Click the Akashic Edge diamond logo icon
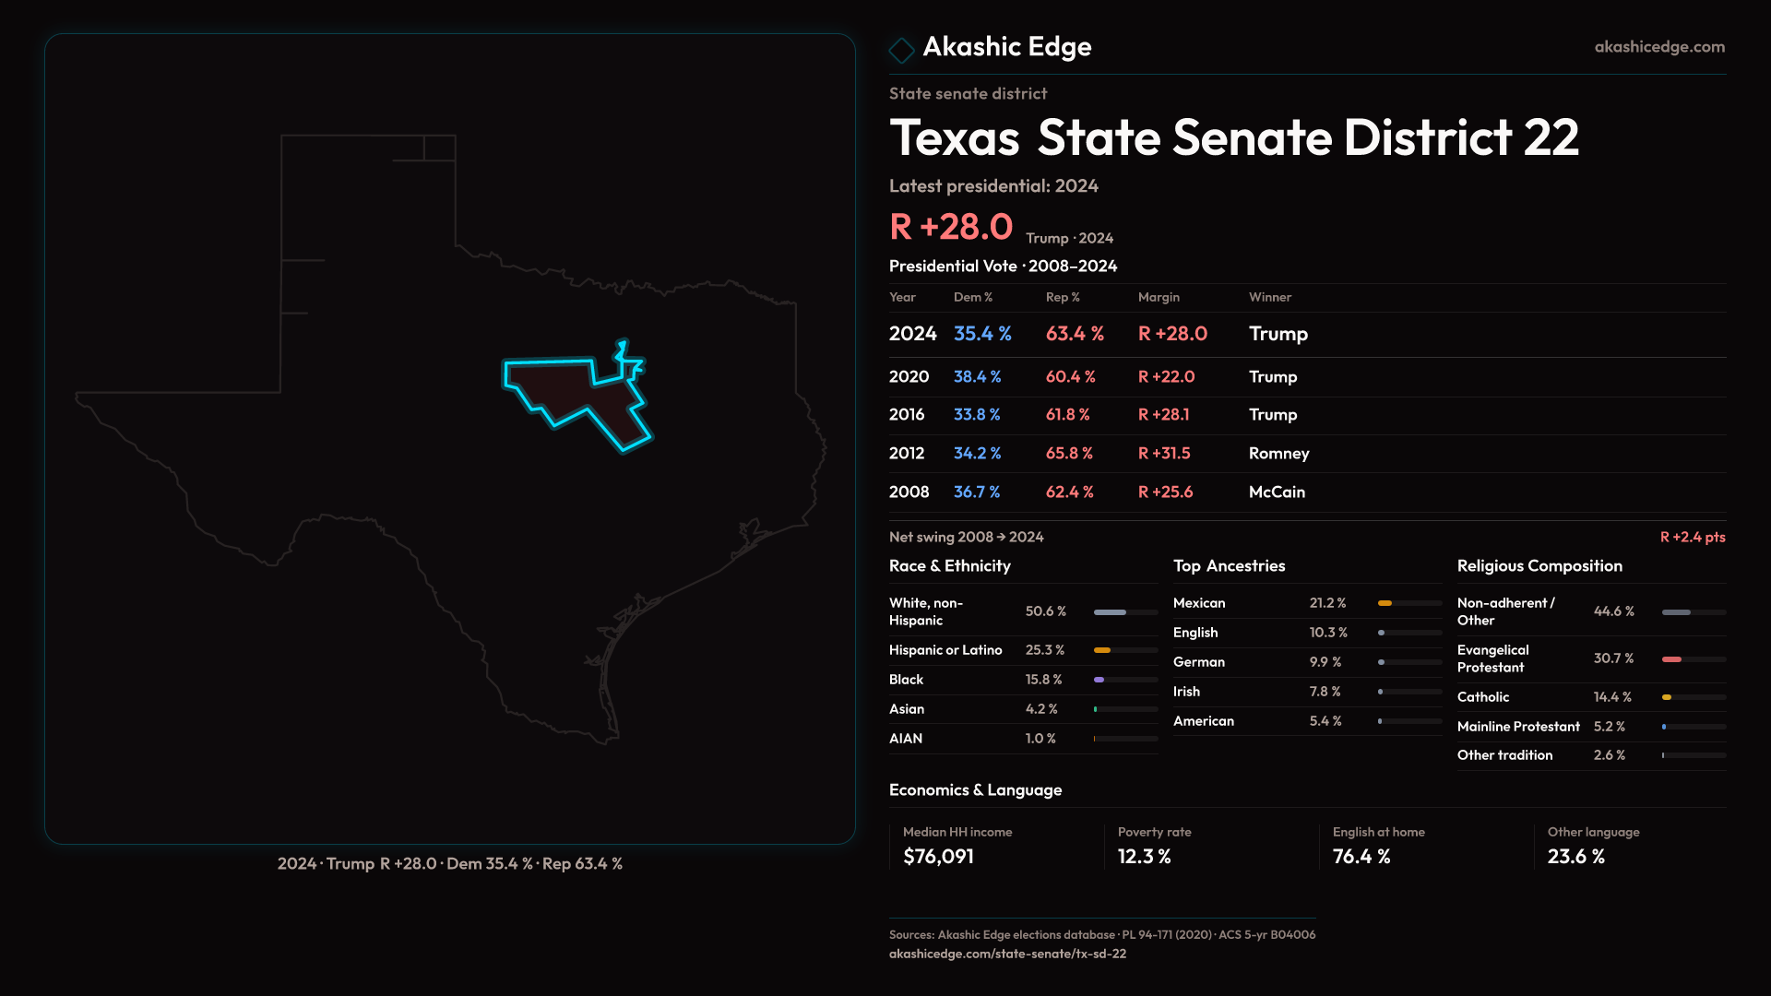point(901,50)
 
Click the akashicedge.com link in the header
point(1659,47)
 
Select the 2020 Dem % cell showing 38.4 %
point(977,377)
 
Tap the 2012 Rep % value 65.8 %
point(1069,454)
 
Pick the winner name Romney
point(1278,454)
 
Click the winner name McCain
point(1277,492)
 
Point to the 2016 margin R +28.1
point(1163,415)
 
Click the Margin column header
point(1159,297)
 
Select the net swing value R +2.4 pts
point(1692,538)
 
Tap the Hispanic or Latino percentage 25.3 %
point(1044,650)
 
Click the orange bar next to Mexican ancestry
point(1385,603)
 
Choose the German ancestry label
point(1199,662)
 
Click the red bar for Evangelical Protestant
point(1671,659)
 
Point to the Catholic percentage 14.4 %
point(1612,697)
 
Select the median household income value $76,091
point(938,857)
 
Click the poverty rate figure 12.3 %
point(1144,857)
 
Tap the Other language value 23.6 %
point(1575,857)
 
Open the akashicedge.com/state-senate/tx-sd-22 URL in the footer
point(1007,954)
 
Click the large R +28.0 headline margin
point(951,227)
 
